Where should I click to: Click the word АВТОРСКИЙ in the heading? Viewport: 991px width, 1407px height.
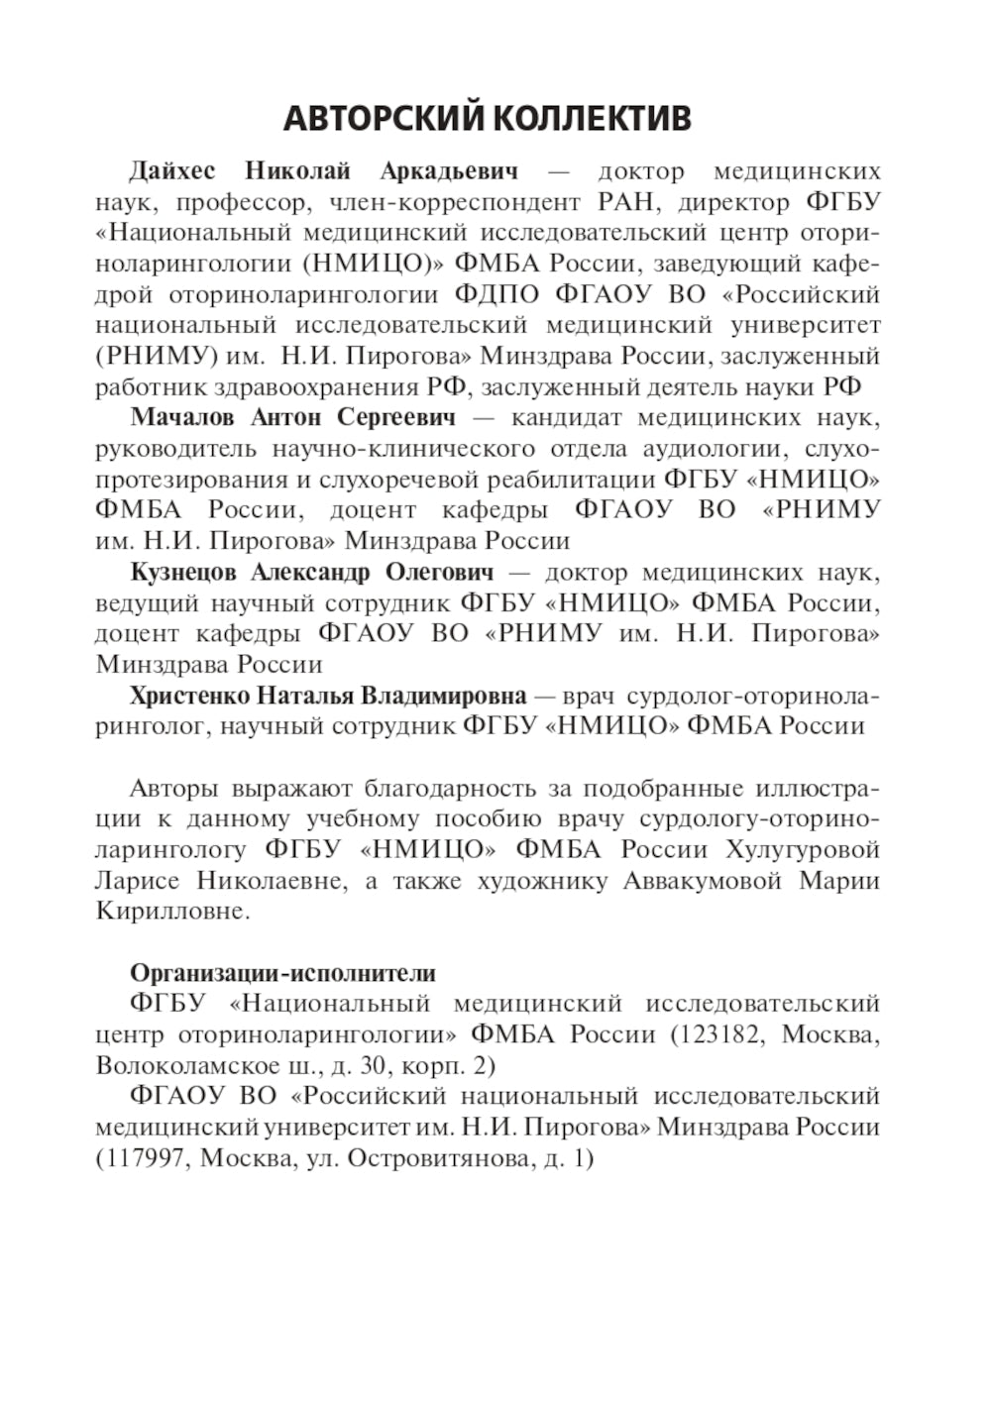pos(384,119)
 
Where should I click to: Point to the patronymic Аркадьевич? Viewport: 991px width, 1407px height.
pos(449,171)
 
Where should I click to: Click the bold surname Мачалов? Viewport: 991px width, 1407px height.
pos(180,417)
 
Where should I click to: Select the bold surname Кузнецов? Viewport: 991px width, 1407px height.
pos(183,572)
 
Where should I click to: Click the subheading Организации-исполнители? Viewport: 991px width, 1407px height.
pos(282,972)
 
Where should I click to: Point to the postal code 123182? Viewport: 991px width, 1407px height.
pos(721,1034)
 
